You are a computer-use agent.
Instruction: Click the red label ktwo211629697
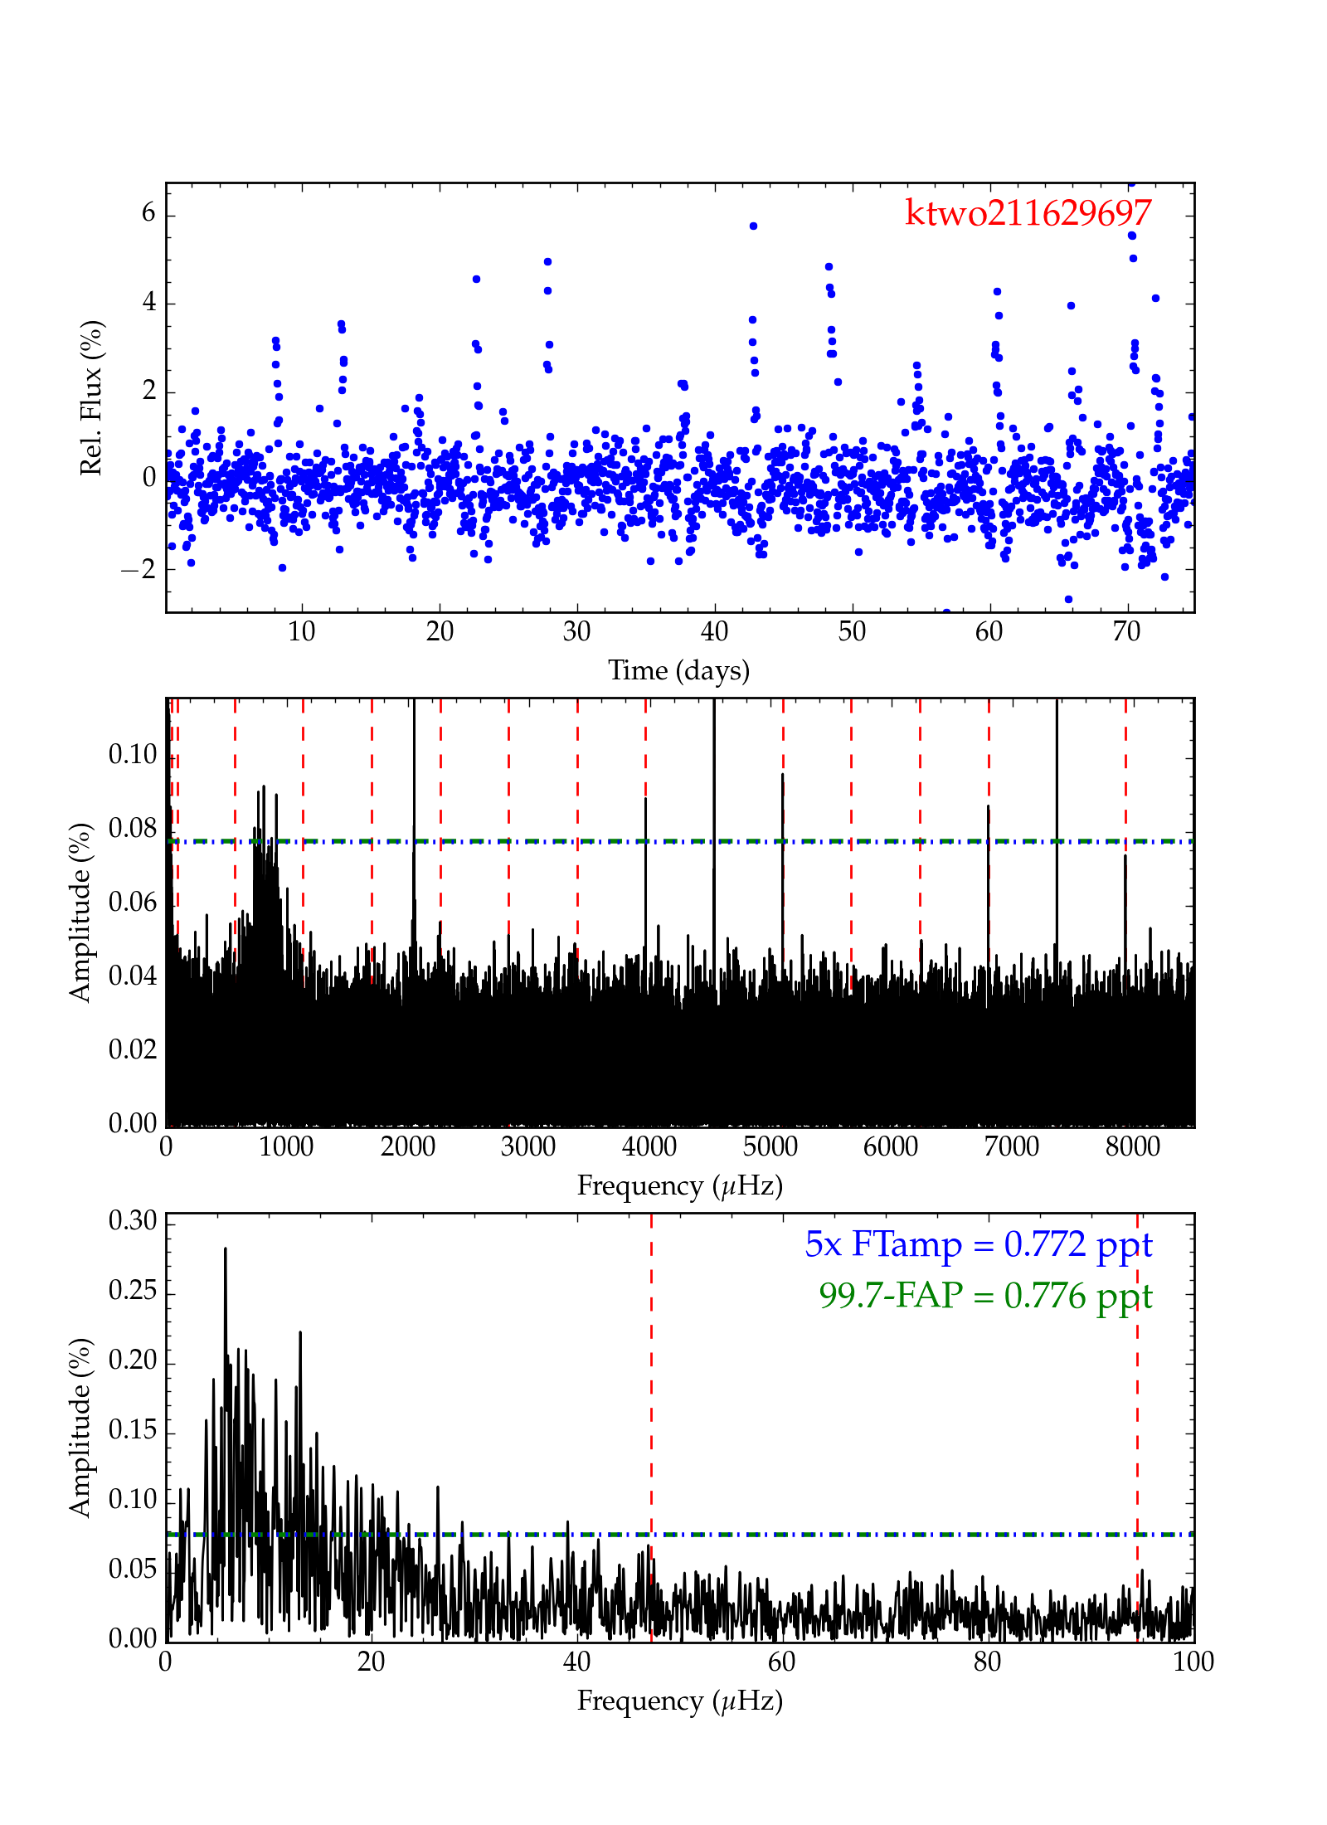(1028, 213)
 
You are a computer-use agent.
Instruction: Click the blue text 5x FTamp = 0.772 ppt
(978, 1245)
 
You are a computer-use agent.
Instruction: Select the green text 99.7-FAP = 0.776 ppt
(985, 1296)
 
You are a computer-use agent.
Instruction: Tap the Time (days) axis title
(678, 670)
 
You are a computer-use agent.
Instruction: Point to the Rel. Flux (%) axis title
(90, 397)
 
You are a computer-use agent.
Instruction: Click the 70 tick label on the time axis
(1126, 632)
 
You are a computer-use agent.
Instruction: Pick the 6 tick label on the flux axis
(148, 213)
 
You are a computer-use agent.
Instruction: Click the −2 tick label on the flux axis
(139, 569)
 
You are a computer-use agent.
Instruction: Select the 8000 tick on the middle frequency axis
(1132, 1146)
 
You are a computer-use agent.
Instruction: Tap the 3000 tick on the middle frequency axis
(528, 1146)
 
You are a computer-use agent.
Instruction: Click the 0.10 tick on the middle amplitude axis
(133, 755)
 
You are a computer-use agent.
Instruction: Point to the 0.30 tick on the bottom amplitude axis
(133, 1220)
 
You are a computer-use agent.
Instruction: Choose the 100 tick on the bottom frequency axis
(1193, 1662)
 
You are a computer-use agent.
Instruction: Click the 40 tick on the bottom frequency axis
(576, 1662)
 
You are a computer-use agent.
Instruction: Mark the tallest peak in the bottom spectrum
(225, 1249)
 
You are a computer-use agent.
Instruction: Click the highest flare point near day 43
(753, 226)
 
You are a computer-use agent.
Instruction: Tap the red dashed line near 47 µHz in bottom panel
(651, 1410)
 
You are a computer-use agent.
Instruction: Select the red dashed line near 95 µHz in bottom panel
(1137, 1410)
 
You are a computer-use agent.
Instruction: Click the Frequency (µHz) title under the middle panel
(680, 1185)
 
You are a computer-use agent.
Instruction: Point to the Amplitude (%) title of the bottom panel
(80, 1428)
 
